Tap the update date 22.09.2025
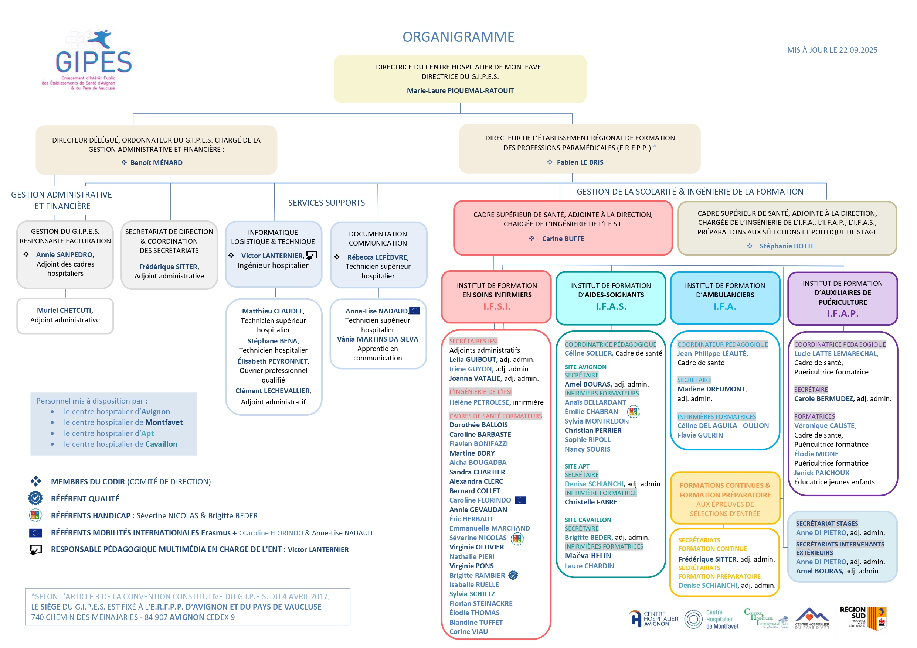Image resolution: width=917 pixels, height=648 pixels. (857, 50)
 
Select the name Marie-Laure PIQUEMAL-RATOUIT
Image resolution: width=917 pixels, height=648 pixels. (460, 90)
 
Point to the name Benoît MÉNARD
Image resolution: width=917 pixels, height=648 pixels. (156, 163)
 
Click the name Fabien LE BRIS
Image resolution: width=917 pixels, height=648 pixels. (580, 162)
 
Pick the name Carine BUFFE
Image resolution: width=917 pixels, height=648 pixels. (563, 239)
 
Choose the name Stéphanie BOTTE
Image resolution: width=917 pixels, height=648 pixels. (787, 246)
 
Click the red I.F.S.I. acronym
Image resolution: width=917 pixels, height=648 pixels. (496, 306)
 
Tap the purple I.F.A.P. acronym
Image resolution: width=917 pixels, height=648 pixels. (842, 313)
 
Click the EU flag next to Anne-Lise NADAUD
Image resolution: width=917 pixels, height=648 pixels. (415, 311)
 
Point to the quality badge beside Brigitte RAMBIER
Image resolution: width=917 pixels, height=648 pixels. (513, 575)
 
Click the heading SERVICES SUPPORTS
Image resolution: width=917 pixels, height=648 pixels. (326, 203)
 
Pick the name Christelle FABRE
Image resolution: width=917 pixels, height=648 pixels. (591, 502)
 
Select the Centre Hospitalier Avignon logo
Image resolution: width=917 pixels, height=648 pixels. (653, 619)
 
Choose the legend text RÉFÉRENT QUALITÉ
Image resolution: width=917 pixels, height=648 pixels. (85, 498)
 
